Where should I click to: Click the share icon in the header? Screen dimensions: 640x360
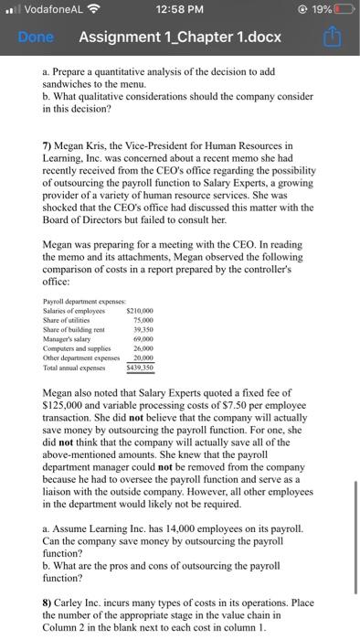click(x=332, y=38)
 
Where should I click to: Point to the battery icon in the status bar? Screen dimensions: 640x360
click(x=344, y=11)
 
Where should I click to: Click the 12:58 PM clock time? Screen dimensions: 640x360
click(x=180, y=11)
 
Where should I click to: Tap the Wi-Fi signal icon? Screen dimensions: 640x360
click(x=91, y=11)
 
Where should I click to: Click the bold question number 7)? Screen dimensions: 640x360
click(x=49, y=145)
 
